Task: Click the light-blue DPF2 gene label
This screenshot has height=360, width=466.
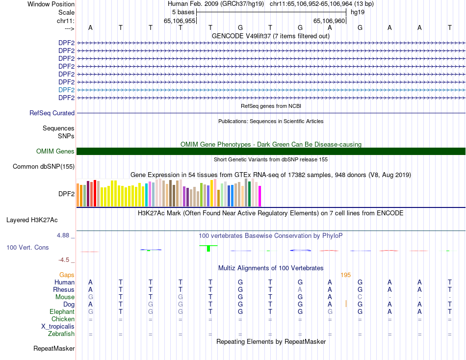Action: pyautogui.click(x=66, y=90)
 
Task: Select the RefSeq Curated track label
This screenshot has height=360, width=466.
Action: pyautogui.click(x=52, y=113)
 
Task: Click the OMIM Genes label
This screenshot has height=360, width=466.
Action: pyautogui.click(x=55, y=152)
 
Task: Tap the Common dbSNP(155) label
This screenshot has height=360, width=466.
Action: pyautogui.click(x=43, y=167)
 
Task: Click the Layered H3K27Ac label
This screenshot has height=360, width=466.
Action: pyautogui.click(x=32, y=220)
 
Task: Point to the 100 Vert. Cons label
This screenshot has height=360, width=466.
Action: pyautogui.click(x=27, y=248)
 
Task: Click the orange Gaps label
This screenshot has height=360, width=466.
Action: pyautogui.click(x=67, y=275)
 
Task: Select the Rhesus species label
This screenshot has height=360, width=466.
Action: pyautogui.click(x=64, y=289)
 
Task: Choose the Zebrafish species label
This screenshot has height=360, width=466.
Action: pyautogui.click(x=61, y=334)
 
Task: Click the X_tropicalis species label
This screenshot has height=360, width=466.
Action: pyautogui.click(x=58, y=326)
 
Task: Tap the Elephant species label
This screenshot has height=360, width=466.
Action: pyautogui.click(x=62, y=311)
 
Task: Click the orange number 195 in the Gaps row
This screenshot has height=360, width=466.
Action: pyautogui.click(x=345, y=275)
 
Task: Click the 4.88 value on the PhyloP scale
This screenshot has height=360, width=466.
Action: pyautogui.click(x=64, y=235)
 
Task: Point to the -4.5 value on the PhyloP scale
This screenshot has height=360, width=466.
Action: pyautogui.click(x=64, y=260)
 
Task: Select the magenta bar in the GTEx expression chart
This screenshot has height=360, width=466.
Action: pyautogui.click(x=259, y=196)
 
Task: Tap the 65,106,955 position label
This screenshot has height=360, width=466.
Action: pyautogui.click(x=180, y=21)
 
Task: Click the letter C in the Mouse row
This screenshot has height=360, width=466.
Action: pyautogui.click(x=360, y=297)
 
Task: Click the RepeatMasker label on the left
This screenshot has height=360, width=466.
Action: pyautogui.click(x=54, y=349)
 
